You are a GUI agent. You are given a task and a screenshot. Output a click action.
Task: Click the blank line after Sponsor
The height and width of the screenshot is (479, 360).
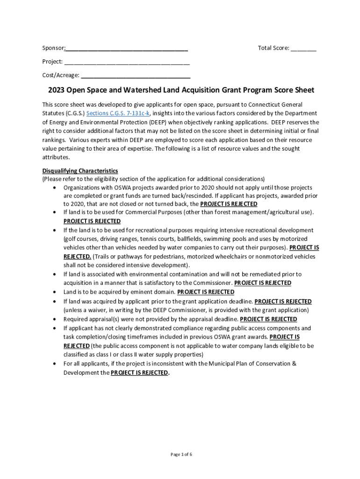point(126,49)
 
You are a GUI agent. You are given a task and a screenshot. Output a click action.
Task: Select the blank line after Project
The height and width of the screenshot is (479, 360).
point(127,62)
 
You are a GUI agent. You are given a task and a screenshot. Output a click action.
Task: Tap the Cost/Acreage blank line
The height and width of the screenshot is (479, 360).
point(136,75)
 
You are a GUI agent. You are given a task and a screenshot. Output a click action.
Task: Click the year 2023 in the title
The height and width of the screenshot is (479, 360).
point(56,90)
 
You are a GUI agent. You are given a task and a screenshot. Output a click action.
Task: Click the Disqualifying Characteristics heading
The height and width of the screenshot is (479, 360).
point(80,171)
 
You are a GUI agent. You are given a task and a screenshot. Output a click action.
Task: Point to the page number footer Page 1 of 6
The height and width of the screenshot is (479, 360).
point(181,454)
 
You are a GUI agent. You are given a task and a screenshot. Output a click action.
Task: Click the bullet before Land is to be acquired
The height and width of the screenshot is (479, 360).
point(56,292)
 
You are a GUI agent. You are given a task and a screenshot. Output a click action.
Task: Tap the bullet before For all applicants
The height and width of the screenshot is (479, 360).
point(56,364)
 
